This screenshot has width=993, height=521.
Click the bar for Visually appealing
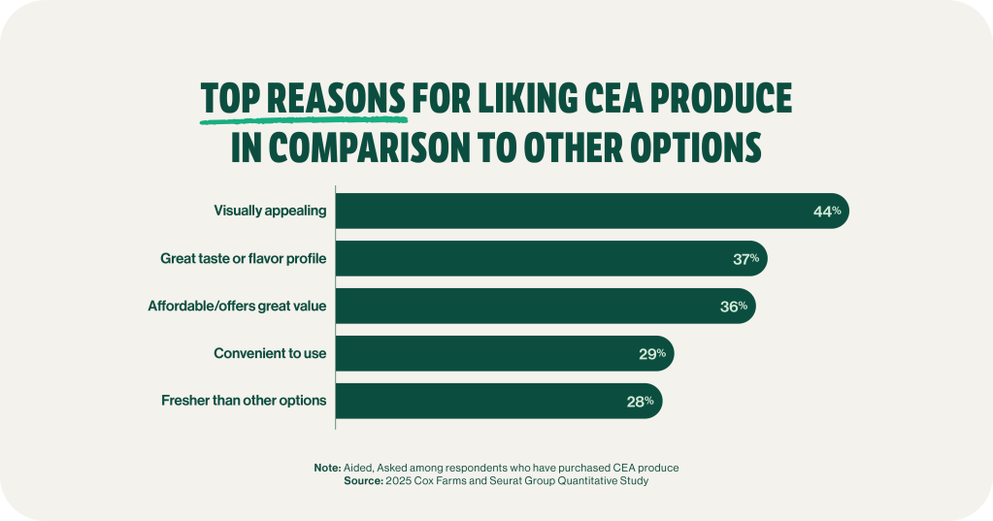(582, 211)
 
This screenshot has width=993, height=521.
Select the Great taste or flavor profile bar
(544, 258)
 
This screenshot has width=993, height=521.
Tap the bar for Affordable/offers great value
(539, 306)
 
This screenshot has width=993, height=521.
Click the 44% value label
(827, 211)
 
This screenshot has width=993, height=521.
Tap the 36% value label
(734, 306)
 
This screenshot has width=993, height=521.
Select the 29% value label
(652, 353)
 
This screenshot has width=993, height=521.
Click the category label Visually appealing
(270, 211)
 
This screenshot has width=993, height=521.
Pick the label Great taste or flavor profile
(243, 258)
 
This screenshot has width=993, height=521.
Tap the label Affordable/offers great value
(237, 306)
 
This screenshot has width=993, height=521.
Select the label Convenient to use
(270, 353)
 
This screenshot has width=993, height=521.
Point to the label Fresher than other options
(243, 401)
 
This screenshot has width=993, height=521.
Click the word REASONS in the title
(336, 100)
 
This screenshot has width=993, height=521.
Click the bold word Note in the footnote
(326, 468)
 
